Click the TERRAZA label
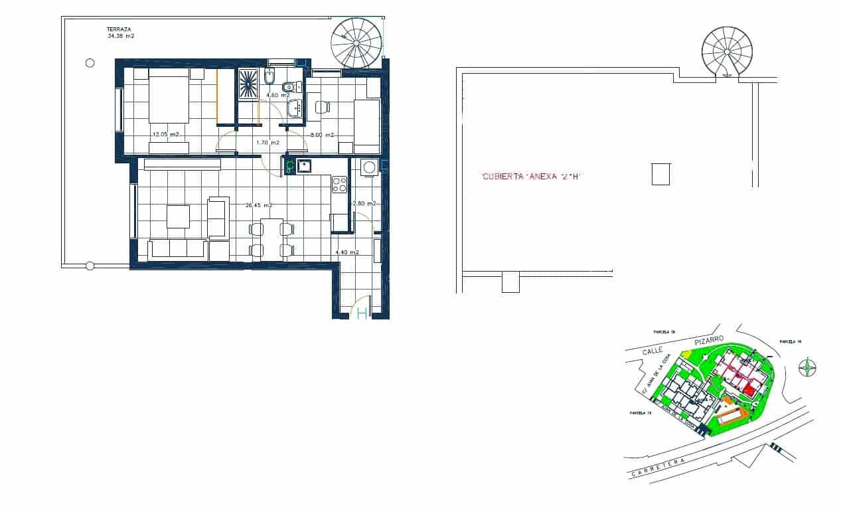[119, 29]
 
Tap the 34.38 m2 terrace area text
[121, 37]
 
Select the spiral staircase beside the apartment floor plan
[357, 42]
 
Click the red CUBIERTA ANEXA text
[531, 177]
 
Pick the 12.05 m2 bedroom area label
[166, 135]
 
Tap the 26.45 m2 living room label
[260, 205]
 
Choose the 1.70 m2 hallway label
[268, 143]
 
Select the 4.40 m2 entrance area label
[347, 253]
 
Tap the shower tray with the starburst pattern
[248, 84]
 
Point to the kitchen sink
[305, 166]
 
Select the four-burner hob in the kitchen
[339, 184]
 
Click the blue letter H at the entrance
[362, 313]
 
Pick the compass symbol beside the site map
[807, 367]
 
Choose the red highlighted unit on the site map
[750, 390]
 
